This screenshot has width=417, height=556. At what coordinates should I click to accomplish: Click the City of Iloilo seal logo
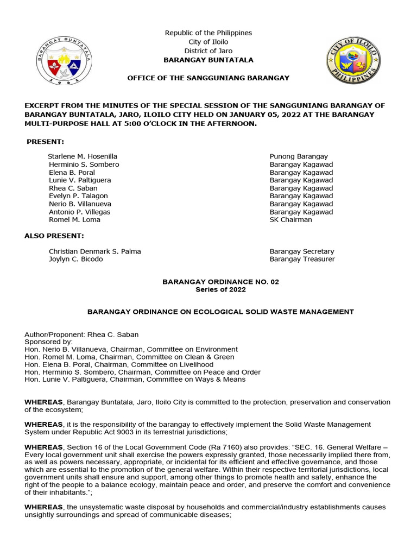click(353, 60)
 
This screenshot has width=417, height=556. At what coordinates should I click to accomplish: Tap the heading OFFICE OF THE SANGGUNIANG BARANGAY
click(208, 78)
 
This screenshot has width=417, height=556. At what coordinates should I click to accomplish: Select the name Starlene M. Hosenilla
click(83, 156)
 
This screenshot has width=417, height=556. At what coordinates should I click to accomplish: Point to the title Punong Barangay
click(299, 156)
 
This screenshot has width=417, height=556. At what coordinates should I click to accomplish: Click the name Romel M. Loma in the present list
click(74, 220)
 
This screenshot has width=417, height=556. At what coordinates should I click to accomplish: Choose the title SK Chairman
click(291, 220)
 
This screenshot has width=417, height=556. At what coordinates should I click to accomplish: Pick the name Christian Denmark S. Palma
click(94, 251)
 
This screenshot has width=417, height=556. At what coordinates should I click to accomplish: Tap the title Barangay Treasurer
click(302, 260)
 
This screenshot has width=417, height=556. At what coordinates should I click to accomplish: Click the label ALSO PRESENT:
click(54, 236)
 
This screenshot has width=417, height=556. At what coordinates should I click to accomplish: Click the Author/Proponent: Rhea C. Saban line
click(85, 334)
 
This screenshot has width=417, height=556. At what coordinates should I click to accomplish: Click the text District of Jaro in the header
click(208, 51)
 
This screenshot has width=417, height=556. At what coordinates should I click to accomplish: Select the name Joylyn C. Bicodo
click(75, 260)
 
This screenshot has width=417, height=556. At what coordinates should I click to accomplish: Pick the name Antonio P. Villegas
click(79, 212)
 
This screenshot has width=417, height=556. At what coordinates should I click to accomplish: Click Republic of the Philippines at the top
click(208, 34)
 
